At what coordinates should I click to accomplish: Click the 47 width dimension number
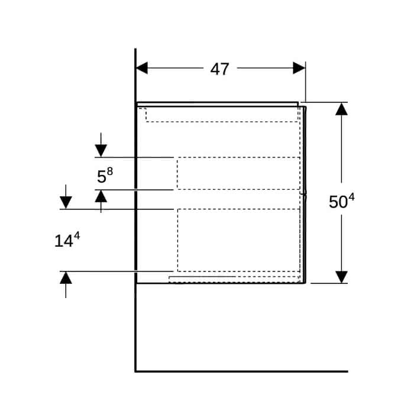point(219,69)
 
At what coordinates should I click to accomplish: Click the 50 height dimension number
point(338,202)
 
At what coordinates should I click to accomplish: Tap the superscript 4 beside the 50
point(351,198)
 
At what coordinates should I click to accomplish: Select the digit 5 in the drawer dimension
point(101,177)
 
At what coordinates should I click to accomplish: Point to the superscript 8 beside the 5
point(110,172)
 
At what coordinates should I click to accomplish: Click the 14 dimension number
point(64,241)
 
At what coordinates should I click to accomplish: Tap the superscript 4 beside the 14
point(76,235)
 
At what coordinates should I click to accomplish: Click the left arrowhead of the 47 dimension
point(142,68)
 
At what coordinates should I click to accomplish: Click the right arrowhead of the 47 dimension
point(299,68)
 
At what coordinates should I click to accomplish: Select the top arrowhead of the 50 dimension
point(341,109)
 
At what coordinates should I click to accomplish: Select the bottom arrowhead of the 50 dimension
point(341,277)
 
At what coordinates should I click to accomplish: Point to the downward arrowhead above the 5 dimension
point(101,151)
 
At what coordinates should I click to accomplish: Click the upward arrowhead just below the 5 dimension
point(101,196)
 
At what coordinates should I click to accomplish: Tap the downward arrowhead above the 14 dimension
point(66,202)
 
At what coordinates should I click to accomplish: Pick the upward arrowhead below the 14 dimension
point(66,278)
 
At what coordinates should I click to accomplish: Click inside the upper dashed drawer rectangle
point(238,173)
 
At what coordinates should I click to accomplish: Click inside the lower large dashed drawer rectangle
point(239,240)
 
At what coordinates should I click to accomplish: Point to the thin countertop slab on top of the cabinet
point(218,104)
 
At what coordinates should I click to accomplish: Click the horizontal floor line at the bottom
point(241,371)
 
